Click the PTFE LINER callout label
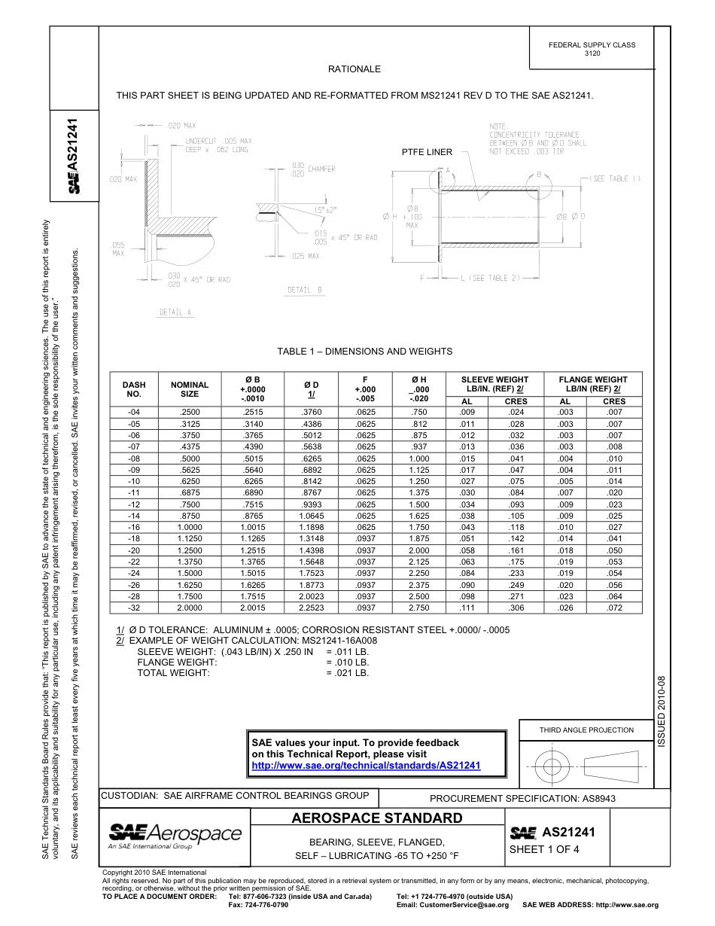pos(427,152)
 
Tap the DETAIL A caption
pos(175,312)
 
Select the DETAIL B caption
pos(304,290)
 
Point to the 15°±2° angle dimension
pos(325,210)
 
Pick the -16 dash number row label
pos(134,527)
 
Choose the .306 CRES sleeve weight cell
pos(516,608)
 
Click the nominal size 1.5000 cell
pos(190,573)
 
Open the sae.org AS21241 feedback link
pos(366,765)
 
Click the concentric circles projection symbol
pos(552,767)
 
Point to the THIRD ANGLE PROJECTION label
pos(586,730)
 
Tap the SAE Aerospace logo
pos(175,835)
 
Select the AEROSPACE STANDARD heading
pos(377,818)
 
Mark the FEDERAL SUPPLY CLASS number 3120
pos(592,54)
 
